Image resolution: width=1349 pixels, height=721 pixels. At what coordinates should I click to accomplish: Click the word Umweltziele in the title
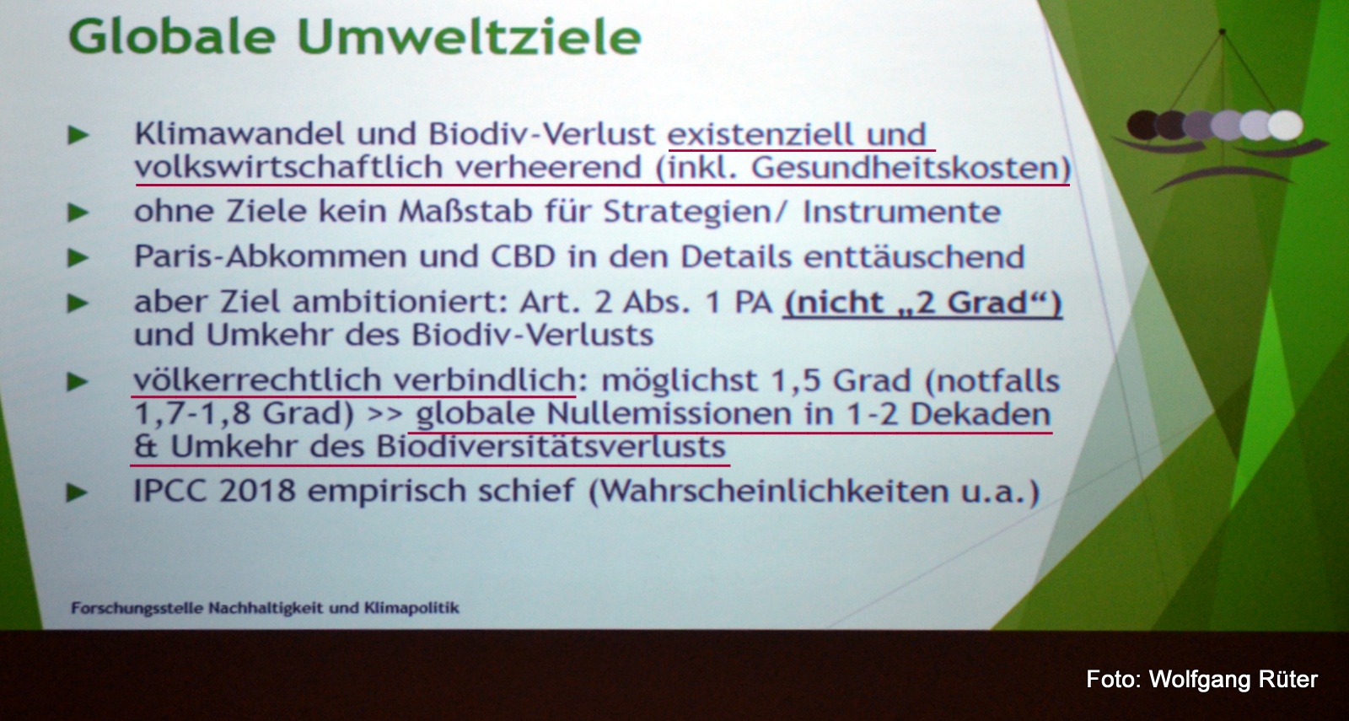click(469, 37)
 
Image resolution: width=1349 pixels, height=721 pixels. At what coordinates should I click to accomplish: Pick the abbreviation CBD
click(523, 256)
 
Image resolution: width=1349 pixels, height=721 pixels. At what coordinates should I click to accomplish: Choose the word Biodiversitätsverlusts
click(551, 447)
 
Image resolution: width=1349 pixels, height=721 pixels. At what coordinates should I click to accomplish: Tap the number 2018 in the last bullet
click(257, 491)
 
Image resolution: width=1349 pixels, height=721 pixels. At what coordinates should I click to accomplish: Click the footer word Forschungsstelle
click(137, 608)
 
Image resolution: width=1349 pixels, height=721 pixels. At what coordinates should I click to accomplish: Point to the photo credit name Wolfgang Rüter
click(1233, 680)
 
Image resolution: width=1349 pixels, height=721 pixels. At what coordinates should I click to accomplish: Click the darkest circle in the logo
click(1143, 126)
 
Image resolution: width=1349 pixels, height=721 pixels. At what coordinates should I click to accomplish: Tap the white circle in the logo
click(1286, 126)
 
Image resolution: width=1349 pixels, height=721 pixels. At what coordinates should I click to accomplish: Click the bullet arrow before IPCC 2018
click(78, 492)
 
